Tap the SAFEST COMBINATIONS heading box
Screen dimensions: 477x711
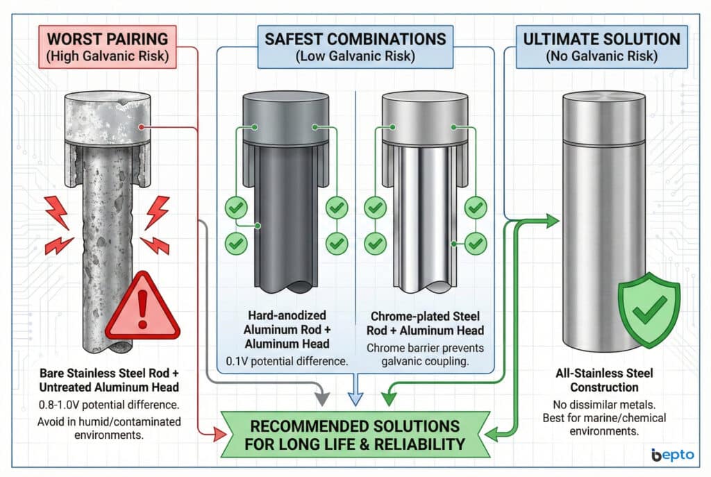355,46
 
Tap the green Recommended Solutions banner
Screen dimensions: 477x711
355,433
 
